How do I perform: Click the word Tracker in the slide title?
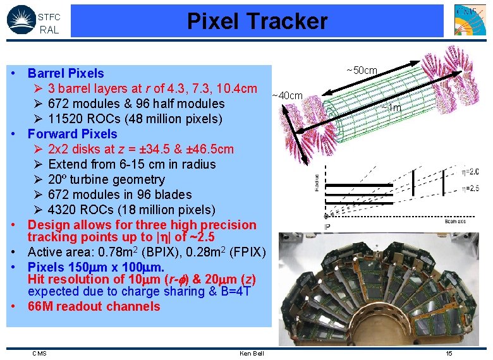(x=291, y=21)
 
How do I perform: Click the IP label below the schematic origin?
(x=327, y=226)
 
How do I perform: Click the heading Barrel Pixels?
(x=66, y=73)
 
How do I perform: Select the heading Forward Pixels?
(x=72, y=134)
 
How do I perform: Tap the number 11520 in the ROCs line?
(x=66, y=119)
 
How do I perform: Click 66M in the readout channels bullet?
(x=40, y=306)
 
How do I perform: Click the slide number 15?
(x=449, y=354)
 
